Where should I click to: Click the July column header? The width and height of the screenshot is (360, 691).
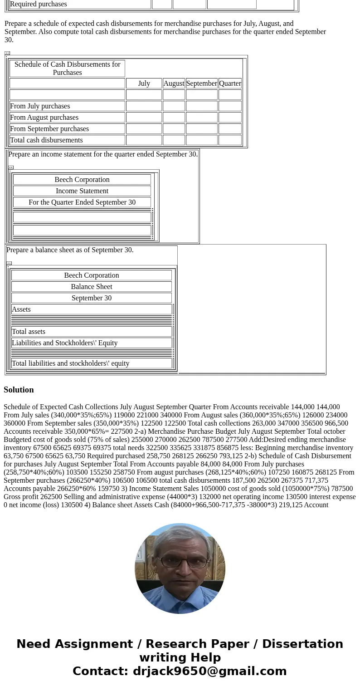tap(144, 83)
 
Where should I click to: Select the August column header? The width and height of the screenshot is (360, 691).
tap(174, 83)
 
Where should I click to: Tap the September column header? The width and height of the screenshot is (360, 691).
tap(202, 83)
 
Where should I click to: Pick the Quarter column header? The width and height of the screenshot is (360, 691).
tap(230, 83)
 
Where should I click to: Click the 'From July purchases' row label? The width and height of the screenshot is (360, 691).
tap(40, 106)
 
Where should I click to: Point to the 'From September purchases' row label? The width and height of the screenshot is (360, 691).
tap(49, 129)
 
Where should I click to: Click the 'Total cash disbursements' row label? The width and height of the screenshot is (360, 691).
tap(46, 140)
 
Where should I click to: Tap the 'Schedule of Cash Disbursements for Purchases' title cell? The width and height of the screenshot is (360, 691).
tap(67, 69)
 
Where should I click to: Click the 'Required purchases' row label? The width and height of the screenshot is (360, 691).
tap(39, 4)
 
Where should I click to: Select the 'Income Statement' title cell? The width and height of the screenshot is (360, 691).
tap(82, 191)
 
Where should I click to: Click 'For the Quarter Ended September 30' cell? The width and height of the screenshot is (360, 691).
tap(82, 202)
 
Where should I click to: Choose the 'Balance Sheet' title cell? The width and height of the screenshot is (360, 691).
tap(92, 287)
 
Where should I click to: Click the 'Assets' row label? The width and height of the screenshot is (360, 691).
tap(21, 309)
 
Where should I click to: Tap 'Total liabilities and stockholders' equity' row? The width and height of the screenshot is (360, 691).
tap(71, 363)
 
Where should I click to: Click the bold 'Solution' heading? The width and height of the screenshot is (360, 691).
tap(19, 390)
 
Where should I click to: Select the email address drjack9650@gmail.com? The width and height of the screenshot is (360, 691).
tap(209, 671)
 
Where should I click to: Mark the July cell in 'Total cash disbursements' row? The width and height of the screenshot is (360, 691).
tap(144, 140)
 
